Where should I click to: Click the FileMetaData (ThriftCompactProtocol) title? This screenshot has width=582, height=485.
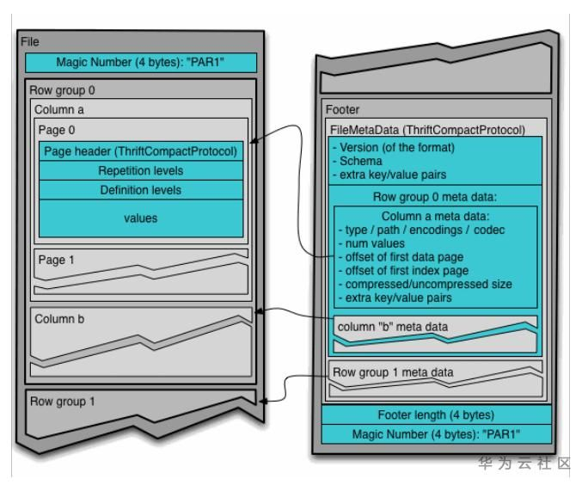coord(427,129)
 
